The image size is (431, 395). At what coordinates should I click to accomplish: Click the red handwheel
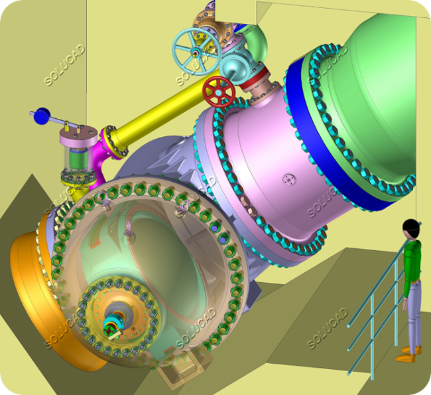[219, 92]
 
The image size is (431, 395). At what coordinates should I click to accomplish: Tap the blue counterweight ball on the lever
[42, 116]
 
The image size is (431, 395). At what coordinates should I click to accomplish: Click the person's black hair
[411, 227]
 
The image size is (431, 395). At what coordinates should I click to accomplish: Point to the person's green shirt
[412, 262]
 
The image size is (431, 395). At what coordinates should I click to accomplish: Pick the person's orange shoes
[408, 355]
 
